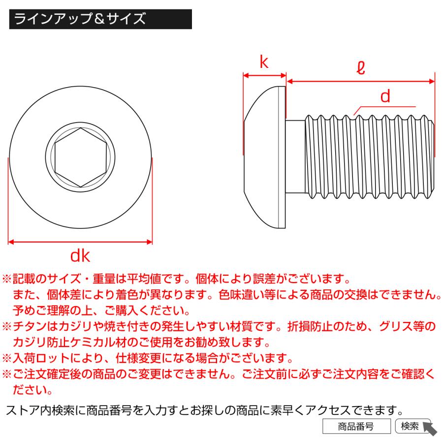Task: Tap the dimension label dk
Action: [x=80, y=255]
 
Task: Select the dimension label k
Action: [x=264, y=63]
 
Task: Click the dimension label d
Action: [x=385, y=96]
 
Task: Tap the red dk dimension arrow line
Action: [x=81, y=242]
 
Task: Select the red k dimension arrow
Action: [x=265, y=76]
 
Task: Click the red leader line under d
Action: [x=384, y=106]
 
